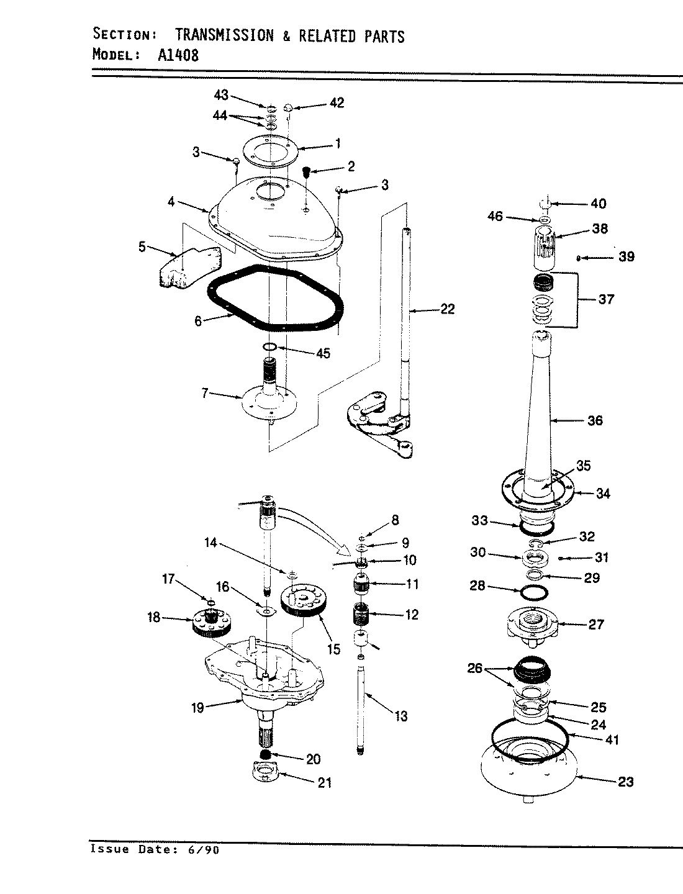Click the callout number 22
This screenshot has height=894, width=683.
coord(447,309)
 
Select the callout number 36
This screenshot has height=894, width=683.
coord(594,420)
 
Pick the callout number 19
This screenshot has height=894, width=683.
coord(197,707)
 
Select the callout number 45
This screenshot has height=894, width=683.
coord(323,353)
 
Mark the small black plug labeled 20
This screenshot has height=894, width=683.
coord(265,754)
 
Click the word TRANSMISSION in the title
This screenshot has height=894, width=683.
coord(224,35)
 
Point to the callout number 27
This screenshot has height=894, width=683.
coord(595,624)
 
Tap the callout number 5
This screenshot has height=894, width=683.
coord(142,247)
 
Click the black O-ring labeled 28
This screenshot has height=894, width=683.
coord(534,593)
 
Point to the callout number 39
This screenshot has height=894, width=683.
coord(626,256)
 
